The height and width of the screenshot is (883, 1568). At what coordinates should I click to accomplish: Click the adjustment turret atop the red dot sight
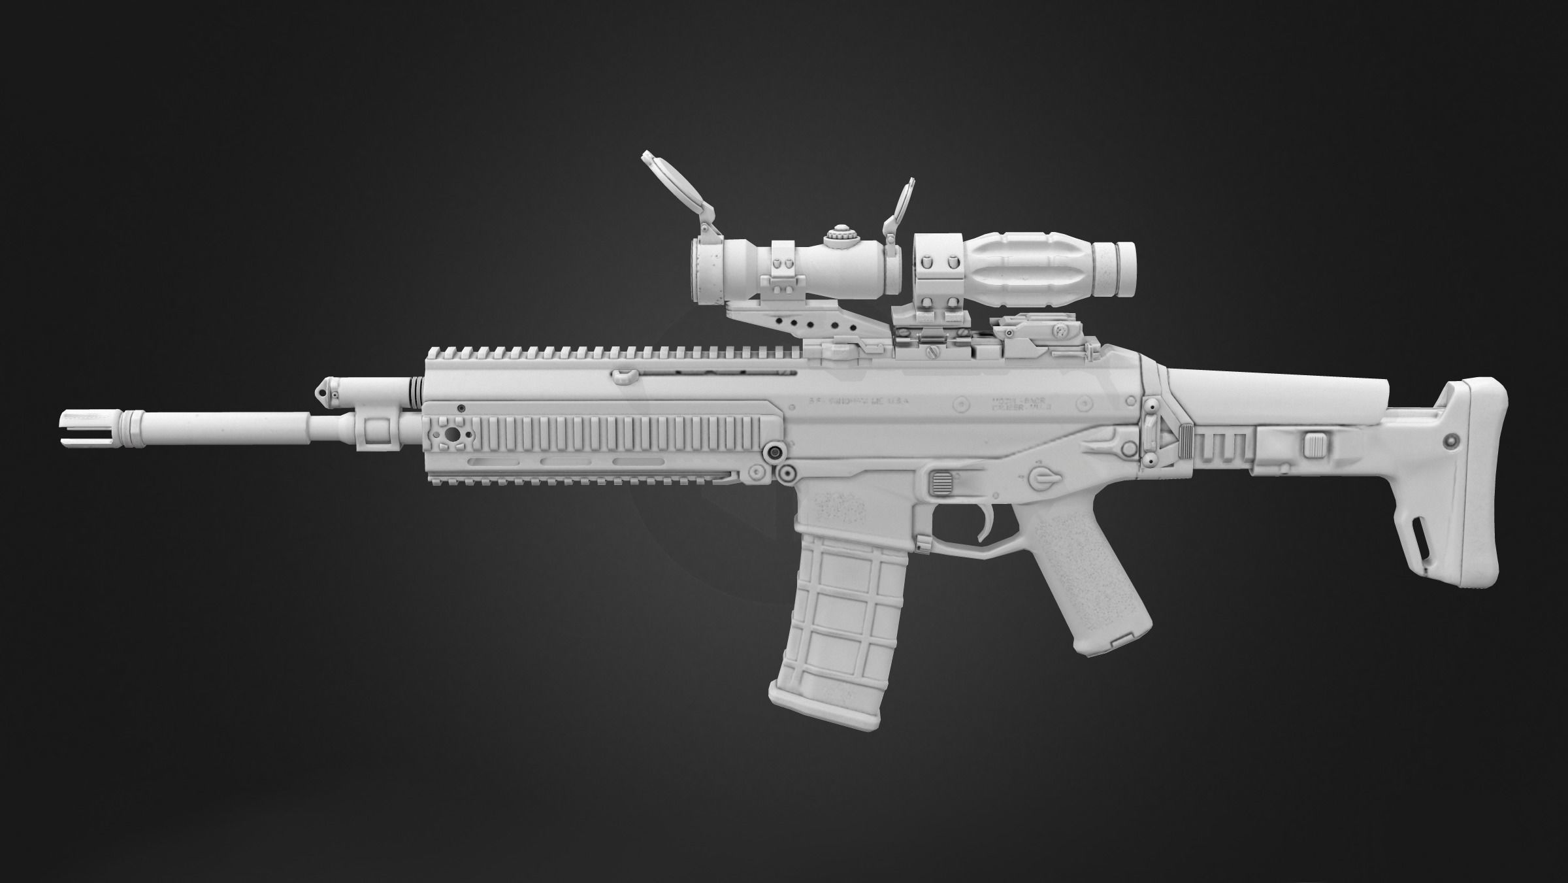point(838,237)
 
